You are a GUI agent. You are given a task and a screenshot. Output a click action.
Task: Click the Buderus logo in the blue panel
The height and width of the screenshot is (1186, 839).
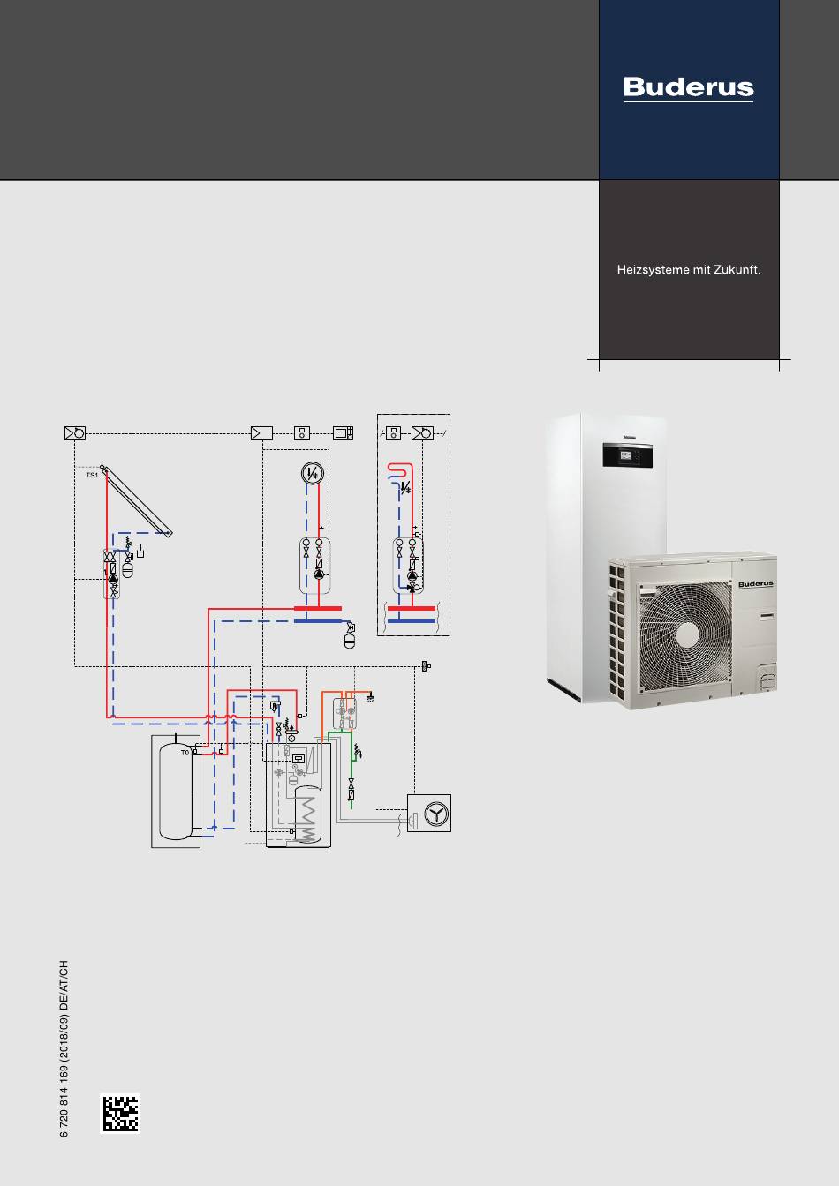click(689, 88)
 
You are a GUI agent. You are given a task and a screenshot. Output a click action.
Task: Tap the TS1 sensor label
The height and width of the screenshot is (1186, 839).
click(92, 476)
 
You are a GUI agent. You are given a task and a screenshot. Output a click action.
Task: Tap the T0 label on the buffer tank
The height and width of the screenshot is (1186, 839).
click(185, 753)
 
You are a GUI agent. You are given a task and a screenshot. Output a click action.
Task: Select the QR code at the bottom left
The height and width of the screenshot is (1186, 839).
click(120, 1113)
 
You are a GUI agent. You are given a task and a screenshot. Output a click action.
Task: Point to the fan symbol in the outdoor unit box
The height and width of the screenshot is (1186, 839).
click(436, 814)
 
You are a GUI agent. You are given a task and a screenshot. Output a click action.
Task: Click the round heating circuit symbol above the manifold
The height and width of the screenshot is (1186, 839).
click(313, 473)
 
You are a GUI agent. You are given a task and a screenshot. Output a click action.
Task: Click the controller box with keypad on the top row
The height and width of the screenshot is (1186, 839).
click(343, 433)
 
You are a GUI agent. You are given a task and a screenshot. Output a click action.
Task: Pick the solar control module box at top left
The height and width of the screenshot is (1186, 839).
click(75, 433)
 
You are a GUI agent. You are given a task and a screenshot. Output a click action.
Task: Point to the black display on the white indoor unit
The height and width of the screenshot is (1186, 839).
click(628, 454)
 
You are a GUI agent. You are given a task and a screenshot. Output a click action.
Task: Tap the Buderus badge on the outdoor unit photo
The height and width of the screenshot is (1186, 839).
click(756, 584)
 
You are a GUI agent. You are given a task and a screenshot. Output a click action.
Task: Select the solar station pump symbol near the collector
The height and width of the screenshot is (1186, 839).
click(113, 579)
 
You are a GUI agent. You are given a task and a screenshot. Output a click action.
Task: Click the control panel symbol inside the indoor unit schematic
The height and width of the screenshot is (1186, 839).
click(299, 759)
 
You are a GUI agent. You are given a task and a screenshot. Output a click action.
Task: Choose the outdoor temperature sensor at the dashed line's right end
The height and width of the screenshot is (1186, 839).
click(426, 666)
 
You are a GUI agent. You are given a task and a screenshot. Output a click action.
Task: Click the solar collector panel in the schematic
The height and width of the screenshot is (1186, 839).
click(138, 501)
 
